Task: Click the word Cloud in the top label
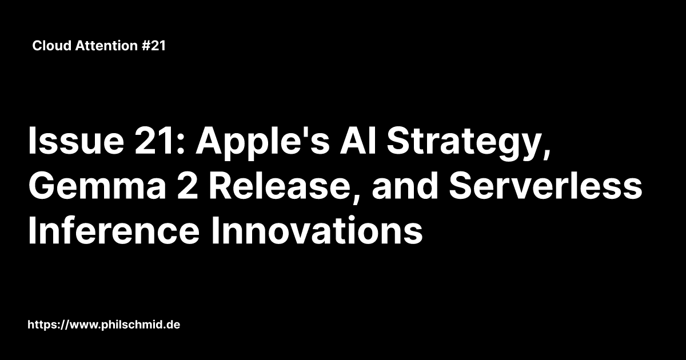51,46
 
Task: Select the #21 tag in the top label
151,46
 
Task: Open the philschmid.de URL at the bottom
105,325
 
